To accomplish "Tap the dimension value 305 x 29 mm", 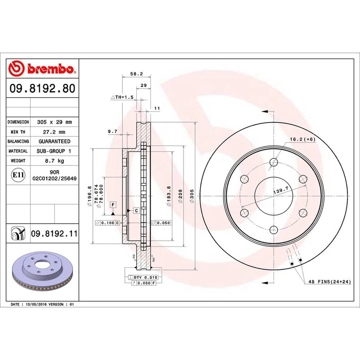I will point(54,122).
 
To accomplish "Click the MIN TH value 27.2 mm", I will point(54,132).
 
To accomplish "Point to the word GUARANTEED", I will point(54,141).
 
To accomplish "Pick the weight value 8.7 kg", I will point(54,160).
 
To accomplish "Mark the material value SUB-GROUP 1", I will point(54,151).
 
